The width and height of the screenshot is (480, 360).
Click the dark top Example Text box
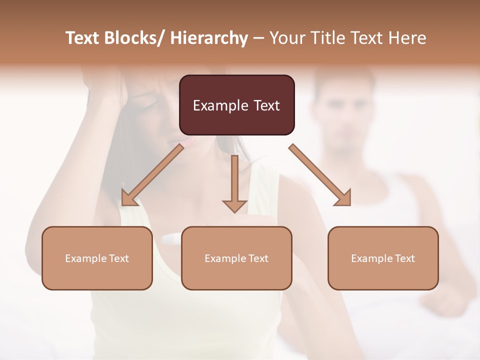point(236,105)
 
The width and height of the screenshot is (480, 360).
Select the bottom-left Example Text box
point(97,258)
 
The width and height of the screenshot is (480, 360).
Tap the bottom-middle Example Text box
point(236,258)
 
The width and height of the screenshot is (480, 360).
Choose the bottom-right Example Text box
point(383,258)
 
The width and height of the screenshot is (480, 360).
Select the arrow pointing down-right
point(320,175)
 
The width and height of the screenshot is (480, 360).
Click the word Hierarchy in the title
point(209,38)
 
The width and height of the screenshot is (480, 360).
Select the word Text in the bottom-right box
point(404,258)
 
